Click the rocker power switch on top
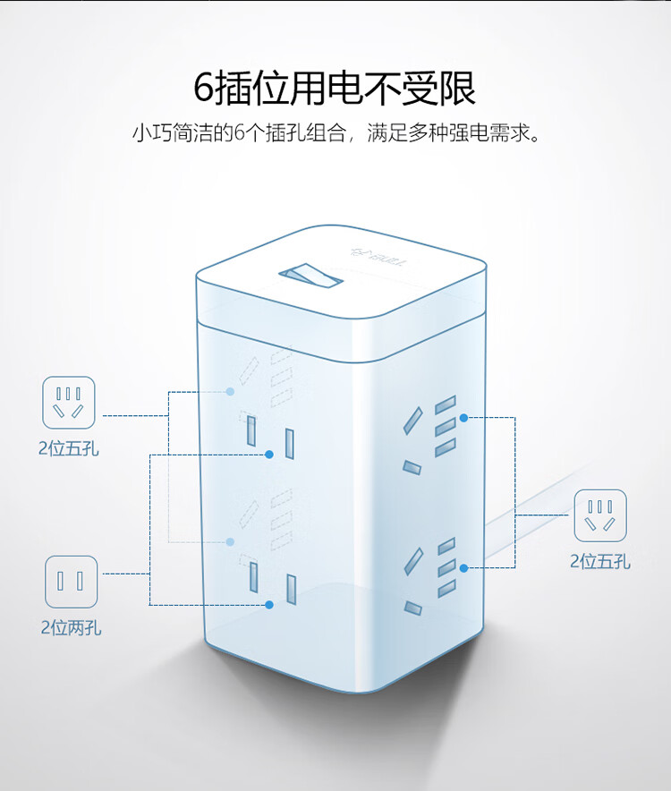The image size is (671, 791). pos(313,277)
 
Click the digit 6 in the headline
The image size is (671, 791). pos(207,88)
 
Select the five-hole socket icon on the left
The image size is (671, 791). pos(69,402)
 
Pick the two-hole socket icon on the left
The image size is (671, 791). pos(71,582)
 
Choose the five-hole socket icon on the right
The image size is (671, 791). pos(600,515)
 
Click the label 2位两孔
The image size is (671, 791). pos(71,628)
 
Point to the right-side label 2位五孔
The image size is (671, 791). pos(600,562)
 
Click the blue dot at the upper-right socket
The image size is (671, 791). pos(464,418)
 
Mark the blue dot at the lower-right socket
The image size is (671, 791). pos(464,567)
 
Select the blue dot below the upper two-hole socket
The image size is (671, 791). pos(269,455)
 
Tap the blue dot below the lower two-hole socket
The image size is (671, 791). pos(269,604)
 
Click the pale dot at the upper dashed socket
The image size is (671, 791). pos(231,392)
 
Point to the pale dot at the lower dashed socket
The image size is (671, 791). pos(231,541)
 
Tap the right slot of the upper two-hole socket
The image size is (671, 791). pos(290,443)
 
